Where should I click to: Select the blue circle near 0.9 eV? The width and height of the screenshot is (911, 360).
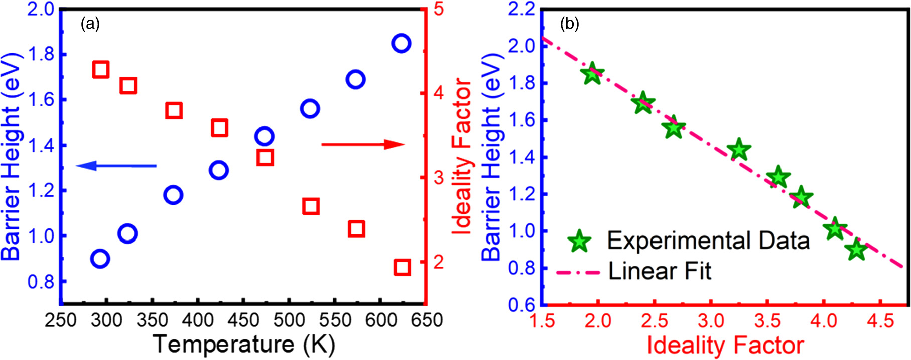pos(100,259)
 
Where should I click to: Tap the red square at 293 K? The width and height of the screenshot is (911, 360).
pos(101,69)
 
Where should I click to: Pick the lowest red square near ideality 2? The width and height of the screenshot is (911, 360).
pos(402,267)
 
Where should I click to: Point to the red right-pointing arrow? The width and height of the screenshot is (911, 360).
pos(362,145)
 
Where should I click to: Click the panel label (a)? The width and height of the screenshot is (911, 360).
pos(90,24)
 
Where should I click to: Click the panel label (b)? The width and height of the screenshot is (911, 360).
pos(569,24)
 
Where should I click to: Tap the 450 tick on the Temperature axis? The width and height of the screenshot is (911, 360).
pos(243,320)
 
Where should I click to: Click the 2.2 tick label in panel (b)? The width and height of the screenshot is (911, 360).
pos(522,10)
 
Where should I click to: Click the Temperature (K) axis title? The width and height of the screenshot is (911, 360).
pos(244,344)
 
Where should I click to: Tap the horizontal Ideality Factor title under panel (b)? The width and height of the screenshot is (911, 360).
pos(725,345)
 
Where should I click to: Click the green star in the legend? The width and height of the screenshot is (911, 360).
pos(579,241)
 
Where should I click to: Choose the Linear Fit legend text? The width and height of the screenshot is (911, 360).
pos(660,271)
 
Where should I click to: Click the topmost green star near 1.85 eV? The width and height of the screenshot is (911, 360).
pos(593,74)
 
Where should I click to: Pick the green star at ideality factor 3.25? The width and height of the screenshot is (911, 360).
pos(738,150)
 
